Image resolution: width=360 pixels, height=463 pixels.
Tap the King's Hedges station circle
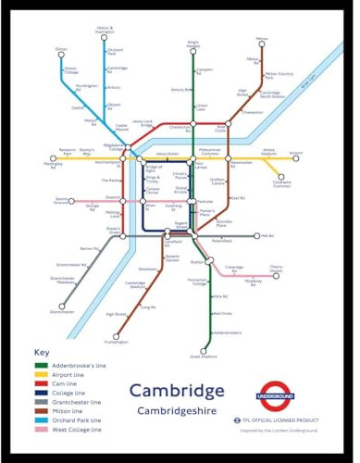coord(192,52)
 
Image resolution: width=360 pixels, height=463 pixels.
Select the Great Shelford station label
coord(202,355)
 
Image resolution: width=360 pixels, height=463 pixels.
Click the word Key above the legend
coord(41,353)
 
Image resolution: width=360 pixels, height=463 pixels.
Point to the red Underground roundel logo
coord(299,395)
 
